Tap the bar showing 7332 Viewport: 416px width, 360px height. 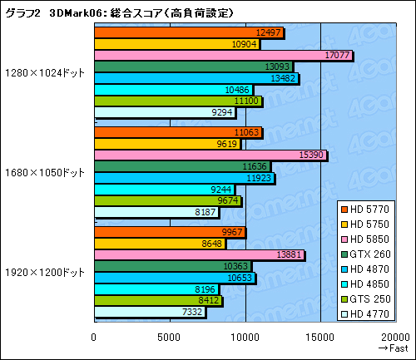pos(150,312)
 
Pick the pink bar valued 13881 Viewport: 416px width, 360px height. pos(199,254)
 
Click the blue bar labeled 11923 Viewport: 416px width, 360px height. pos(184,178)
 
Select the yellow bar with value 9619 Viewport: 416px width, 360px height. pos(166,143)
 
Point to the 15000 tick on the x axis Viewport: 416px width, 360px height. pos(320,337)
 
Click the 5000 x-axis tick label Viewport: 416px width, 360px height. pos(170,337)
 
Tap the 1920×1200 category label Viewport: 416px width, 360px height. pos(45,272)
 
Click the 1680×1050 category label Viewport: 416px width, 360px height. pos(45,172)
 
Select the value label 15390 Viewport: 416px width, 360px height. pos(309,155)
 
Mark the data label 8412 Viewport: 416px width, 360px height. pos(208,300)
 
